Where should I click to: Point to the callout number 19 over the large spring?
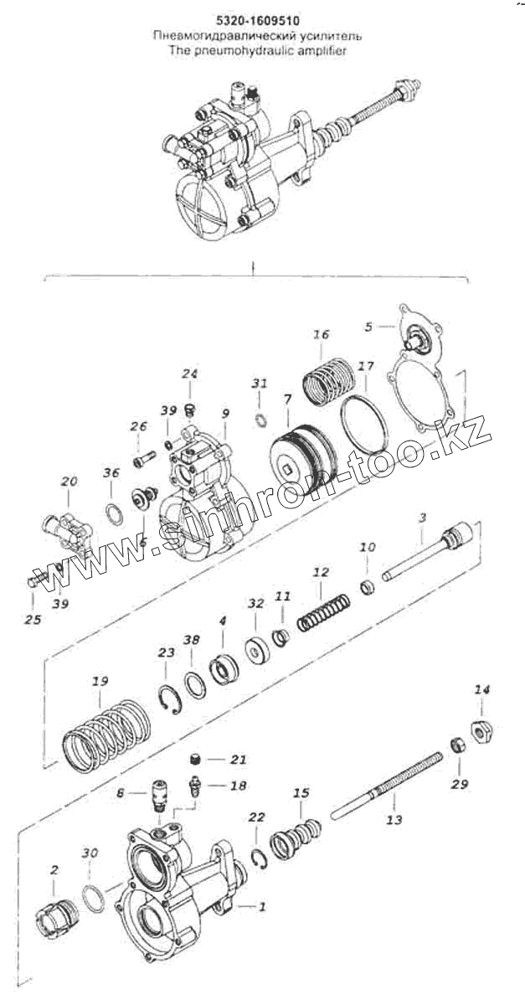coord(100,682)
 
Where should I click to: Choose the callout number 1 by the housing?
coord(262,905)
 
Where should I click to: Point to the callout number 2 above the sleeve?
coord(54,871)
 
